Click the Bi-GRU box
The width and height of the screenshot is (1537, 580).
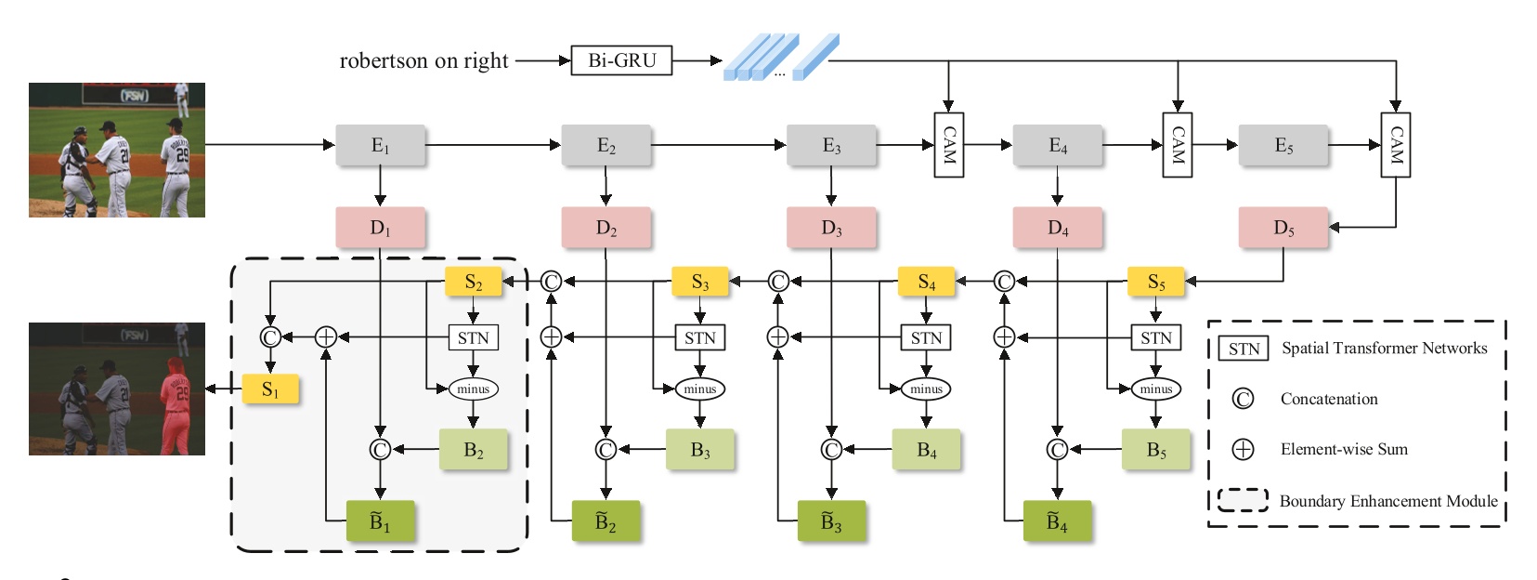(x=621, y=60)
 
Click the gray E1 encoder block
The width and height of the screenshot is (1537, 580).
(x=380, y=146)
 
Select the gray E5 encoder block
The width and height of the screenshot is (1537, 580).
(x=1283, y=146)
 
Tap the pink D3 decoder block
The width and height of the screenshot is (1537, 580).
(x=830, y=228)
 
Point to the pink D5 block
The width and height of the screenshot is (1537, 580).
(x=1283, y=228)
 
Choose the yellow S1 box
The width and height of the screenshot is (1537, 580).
(x=270, y=389)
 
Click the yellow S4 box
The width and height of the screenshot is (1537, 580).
(x=926, y=282)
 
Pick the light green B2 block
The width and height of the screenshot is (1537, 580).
(x=473, y=450)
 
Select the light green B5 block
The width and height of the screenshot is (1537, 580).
(x=1155, y=450)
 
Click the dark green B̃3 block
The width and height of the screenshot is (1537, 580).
(x=831, y=521)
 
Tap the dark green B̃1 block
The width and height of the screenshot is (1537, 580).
(x=380, y=521)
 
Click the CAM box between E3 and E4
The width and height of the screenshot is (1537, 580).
(x=948, y=145)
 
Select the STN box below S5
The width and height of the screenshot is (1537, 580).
(x=1155, y=337)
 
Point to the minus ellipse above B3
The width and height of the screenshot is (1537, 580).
(x=699, y=389)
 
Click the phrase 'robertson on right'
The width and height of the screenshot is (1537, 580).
(x=423, y=61)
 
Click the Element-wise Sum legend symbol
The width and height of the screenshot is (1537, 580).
(x=1243, y=450)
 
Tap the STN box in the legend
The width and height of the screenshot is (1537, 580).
(x=1244, y=349)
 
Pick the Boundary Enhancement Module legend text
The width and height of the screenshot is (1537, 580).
(x=1387, y=501)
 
